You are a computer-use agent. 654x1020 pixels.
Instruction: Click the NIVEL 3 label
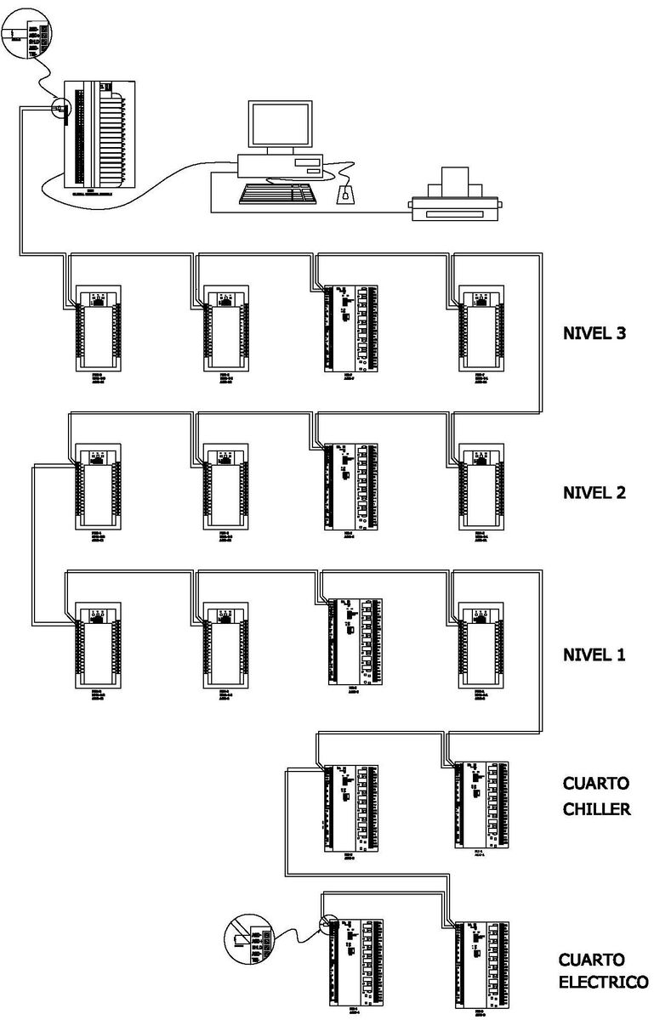594,333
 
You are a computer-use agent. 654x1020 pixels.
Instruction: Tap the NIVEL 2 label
594,492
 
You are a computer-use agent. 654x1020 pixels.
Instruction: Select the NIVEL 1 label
594,654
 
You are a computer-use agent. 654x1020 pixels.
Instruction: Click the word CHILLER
596,808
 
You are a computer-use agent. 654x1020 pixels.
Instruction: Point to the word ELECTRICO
603,982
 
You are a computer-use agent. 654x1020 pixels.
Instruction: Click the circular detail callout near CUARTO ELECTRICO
249,943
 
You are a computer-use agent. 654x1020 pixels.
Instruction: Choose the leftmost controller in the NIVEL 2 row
98,487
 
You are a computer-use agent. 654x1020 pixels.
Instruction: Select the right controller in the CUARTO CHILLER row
481,803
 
